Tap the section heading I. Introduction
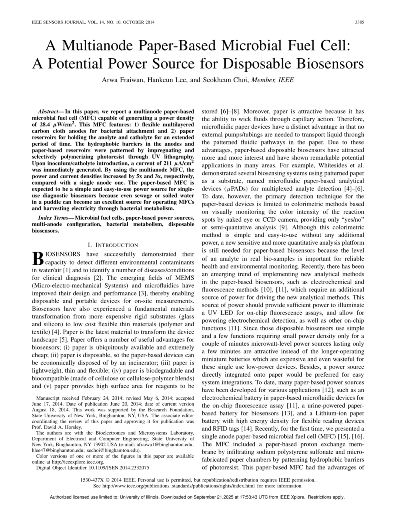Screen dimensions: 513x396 click(113, 245)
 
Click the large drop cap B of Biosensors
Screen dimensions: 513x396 click(38, 258)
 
